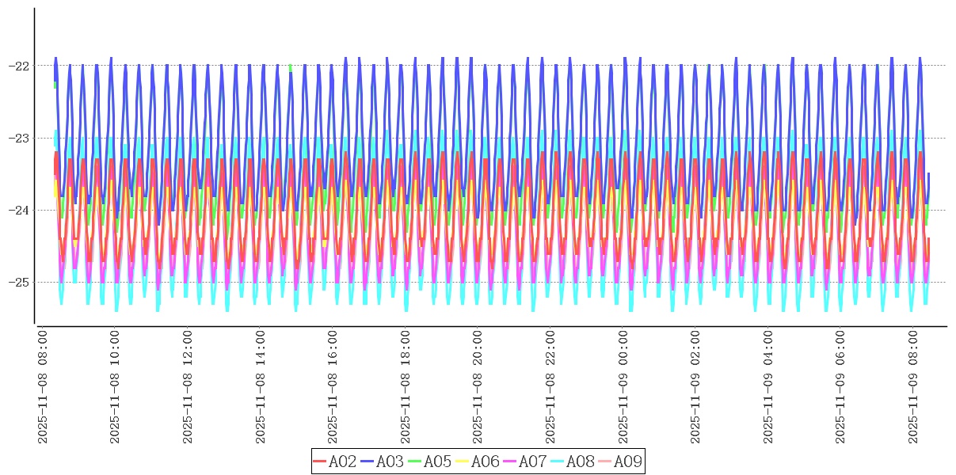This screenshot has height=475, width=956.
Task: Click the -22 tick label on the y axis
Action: tap(18, 66)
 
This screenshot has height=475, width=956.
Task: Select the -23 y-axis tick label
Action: tap(18, 138)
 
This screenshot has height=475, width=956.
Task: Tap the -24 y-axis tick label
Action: tap(18, 211)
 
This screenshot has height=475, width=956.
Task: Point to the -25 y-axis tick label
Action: tap(18, 283)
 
